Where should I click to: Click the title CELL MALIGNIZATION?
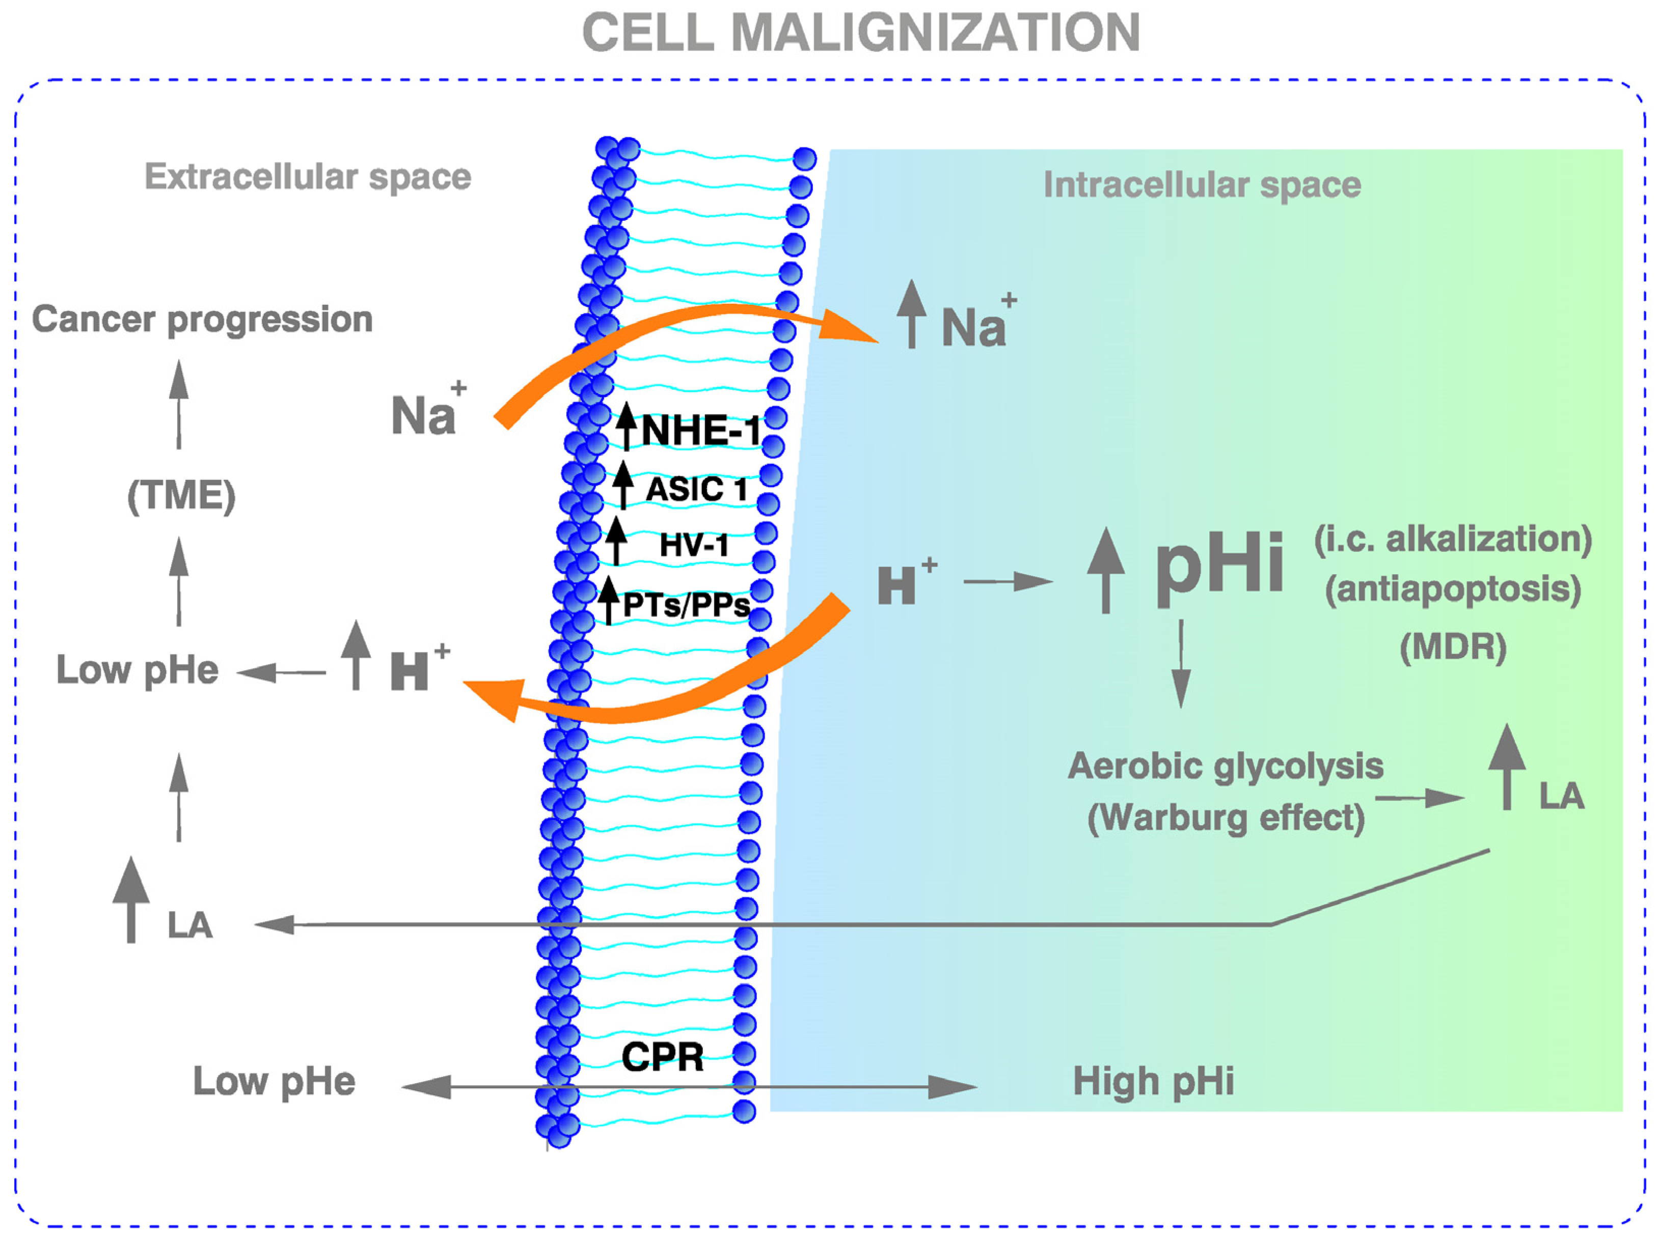(x=860, y=33)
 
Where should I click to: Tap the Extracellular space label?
(x=308, y=177)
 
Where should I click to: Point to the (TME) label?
(x=181, y=496)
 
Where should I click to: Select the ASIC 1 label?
(x=696, y=490)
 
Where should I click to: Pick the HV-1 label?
(x=694, y=545)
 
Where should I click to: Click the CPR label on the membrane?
(x=662, y=1058)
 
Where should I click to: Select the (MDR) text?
(x=1453, y=647)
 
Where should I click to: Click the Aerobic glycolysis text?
(x=1226, y=766)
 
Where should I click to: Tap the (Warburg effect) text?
(x=1226, y=817)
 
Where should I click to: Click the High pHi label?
(x=1153, y=1082)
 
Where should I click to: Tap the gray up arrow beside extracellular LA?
(x=131, y=899)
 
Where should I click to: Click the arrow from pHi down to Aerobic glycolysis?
(x=1181, y=663)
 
